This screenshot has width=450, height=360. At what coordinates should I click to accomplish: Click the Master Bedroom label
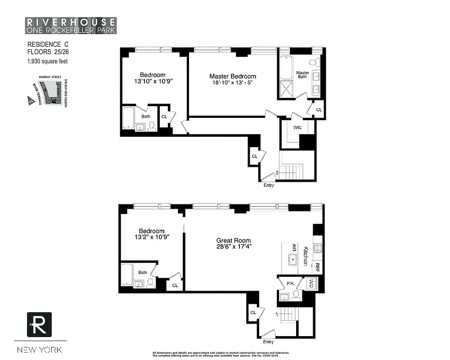click(x=233, y=76)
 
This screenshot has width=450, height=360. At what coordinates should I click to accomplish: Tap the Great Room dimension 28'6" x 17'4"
click(x=234, y=247)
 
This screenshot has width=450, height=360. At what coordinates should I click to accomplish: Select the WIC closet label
click(x=297, y=128)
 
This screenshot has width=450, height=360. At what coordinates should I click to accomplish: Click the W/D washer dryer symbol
click(x=311, y=283)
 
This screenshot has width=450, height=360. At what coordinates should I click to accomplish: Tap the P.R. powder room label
click(x=290, y=283)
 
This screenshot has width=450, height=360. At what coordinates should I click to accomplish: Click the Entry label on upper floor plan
click(x=269, y=185)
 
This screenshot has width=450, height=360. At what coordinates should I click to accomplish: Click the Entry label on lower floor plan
click(x=268, y=342)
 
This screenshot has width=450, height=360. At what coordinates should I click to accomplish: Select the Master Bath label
click(x=302, y=75)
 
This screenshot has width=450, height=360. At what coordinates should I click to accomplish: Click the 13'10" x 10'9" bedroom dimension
click(x=152, y=81)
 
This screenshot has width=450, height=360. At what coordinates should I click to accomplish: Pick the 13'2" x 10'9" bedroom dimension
click(x=151, y=238)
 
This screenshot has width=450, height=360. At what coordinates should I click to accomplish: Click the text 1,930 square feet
click(x=47, y=61)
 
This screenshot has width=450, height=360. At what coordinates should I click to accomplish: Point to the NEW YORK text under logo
click(x=40, y=350)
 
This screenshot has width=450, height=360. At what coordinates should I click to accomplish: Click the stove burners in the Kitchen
click(x=318, y=247)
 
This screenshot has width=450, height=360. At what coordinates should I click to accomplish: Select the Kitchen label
click(x=305, y=256)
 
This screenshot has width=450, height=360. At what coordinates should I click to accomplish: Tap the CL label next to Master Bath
click(x=319, y=110)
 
